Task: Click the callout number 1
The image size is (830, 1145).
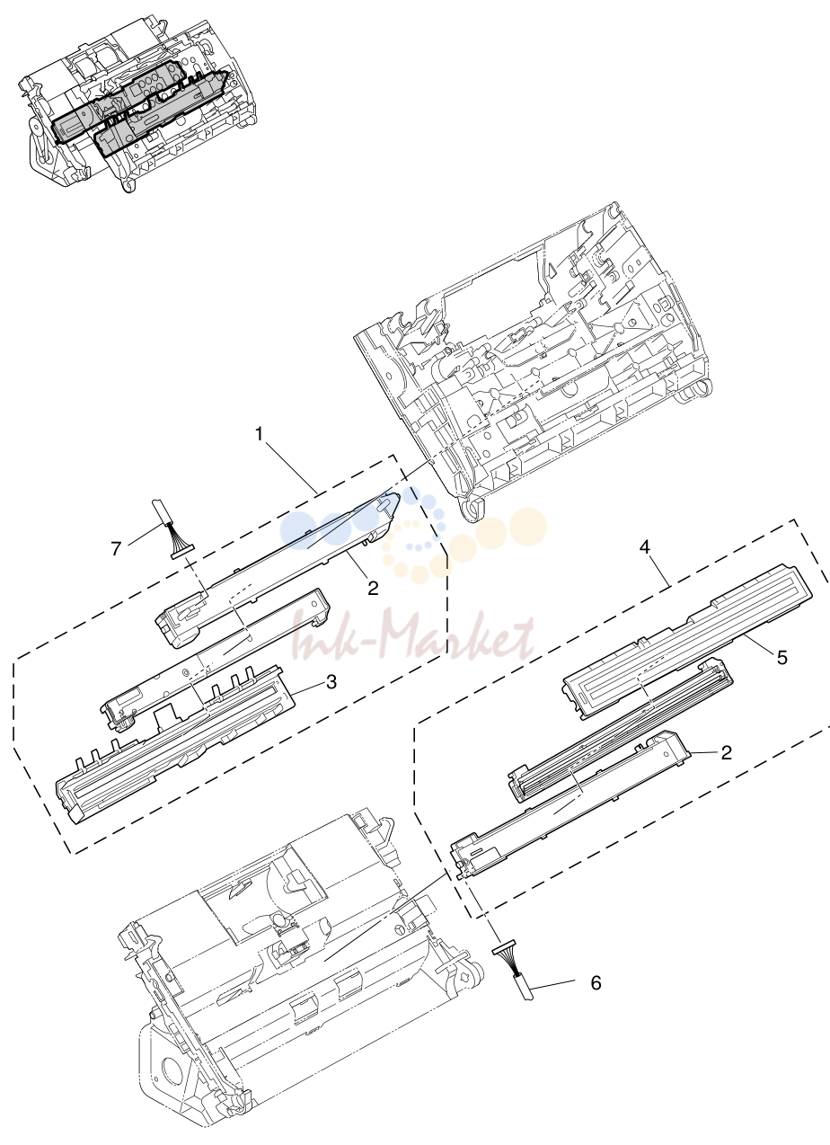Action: tap(260, 435)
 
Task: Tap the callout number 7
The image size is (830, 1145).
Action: tap(117, 549)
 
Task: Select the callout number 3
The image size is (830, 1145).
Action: tap(331, 682)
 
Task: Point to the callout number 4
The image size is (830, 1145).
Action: tap(645, 547)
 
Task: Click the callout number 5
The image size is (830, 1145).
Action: tap(782, 656)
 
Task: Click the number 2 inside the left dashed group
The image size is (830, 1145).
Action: tap(374, 589)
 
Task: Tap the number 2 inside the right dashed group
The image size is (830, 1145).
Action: tap(726, 752)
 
